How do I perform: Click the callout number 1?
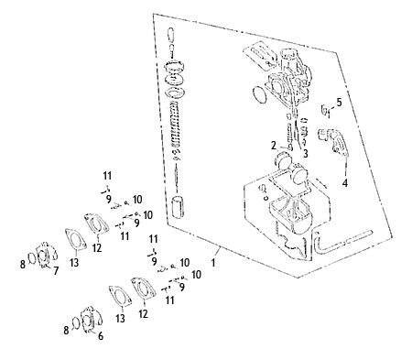pyautogui.click(x=213, y=262)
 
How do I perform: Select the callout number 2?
pyautogui.click(x=274, y=146)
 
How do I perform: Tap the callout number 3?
pyautogui.click(x=305, y=154)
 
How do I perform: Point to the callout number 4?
pyautogui.click(x=345, y=183)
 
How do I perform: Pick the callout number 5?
pyautogui.click(x=340, y=103)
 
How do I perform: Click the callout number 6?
pyautogui.click(x=101, y=336)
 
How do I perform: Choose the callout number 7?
pyautogui.click(x=56, y=270)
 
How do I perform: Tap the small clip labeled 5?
pyautogui.click(x=325, y=110)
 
